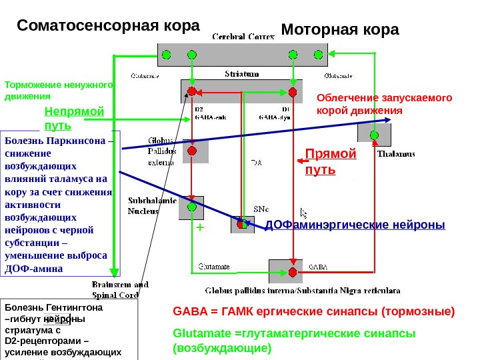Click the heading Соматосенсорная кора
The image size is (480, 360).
(x=108, y=26)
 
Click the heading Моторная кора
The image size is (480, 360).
(x=340, y=30)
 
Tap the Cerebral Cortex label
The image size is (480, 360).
(x=243, y=37)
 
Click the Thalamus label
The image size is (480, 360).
(x=396, y=153)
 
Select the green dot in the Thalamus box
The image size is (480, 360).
(x=374, y=135)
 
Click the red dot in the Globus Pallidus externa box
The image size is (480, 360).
(x=192, y=151)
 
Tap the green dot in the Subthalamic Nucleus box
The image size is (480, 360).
(x=192, y=207)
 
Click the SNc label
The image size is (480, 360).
(x=261, y=208)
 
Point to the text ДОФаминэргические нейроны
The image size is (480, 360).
(x=355, y=225)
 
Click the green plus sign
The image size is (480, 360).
(x=198, y=228)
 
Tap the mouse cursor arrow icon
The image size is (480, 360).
(x=304, y=213)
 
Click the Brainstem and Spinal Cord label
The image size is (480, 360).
(x=115, y=289)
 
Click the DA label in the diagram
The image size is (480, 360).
(x=256, y=161)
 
